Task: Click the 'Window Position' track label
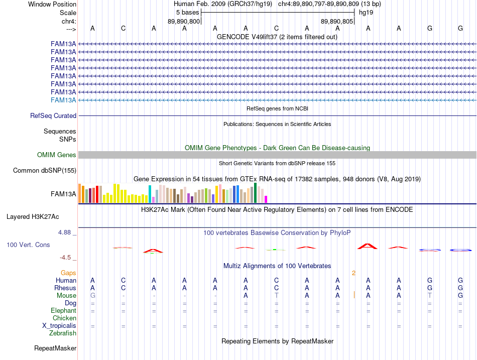pyautogui.click(x=52, y=4)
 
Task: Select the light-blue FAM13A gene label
pyautogui.click(x=63, y=100)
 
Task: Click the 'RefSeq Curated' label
pyautogui.click(x=53, y=115)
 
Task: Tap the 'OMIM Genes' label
pyautogui.click(x=57, y=155)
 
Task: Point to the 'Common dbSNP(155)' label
pyautogui.click(x=45, y=170)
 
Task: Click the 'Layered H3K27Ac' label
pyautogui.click(x=33, y=217)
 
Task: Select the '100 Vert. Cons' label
pyautogui.click(x=28, y=245)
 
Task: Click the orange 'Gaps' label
pyautogui.click(x=68, y=273)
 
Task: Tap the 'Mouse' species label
pyautogui.click(x=66, y=296)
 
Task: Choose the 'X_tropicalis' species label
pyautogui.click(x=59, y=326)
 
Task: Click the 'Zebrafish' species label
pyautogui.click(x=63, y=333)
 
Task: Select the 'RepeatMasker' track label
pyautogui.click(x=55, y=348)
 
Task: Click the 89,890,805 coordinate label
pyautogui.click(x=337, y=21)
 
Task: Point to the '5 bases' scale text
pyautogui.click(x=187, y=13)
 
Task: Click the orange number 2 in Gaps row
pyautogui.click(x=353, y=273)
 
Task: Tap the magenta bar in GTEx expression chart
pyautogui.click(x=266, y=199)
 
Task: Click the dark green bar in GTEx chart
pyautogui.click(x=255, y=193)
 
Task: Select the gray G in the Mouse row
pyautogui.click(x=93, y=296)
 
